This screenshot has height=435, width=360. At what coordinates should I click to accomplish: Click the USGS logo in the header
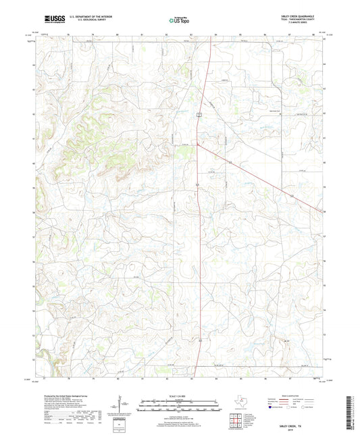coord(50,18)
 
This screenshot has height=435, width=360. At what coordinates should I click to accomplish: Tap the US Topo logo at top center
coord(179,20)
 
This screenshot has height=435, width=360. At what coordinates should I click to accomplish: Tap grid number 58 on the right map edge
coord(325,212)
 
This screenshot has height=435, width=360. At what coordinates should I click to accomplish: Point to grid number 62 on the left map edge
coord(35,114)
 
